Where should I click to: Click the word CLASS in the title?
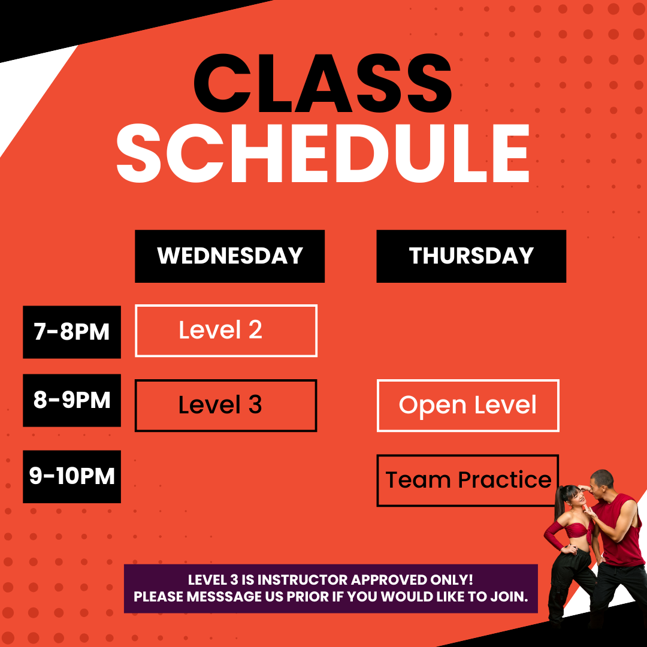coord(323,83)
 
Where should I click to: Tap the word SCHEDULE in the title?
coord(323,153)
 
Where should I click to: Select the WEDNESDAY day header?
coord(230,256)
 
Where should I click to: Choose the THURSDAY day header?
coord(471,256)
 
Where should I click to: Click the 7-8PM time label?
coord(72,332)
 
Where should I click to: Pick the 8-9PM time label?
coord(72,400)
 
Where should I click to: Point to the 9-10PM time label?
coord(72,477)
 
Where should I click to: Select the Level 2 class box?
coord(226,331)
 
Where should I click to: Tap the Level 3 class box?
coord(226,406)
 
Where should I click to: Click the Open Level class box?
coord(468,406)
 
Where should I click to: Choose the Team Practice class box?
coord(468,480)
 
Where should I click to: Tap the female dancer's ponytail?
coord(560,503)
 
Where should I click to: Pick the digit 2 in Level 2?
coord(255,329)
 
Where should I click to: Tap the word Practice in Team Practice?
coord(504,480)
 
